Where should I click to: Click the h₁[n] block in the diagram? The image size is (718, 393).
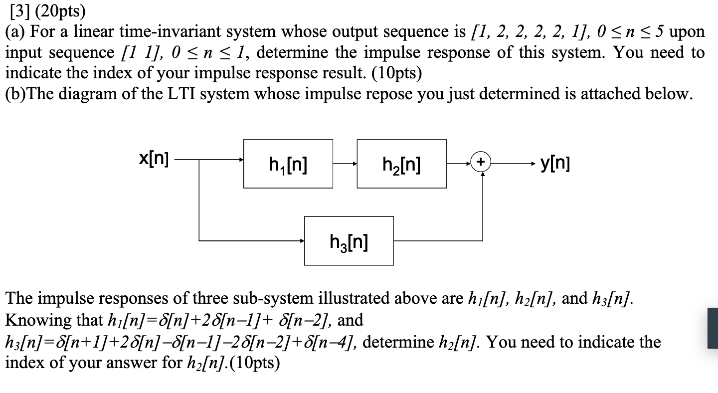[288, 164]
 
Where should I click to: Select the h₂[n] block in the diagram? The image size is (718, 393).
[401, 164]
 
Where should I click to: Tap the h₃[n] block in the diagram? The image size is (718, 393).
[349, 240]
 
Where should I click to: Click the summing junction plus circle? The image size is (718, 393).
[481, 162]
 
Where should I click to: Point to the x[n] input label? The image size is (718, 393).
[154, 160]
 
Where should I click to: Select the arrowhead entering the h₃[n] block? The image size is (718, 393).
[301, 241]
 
